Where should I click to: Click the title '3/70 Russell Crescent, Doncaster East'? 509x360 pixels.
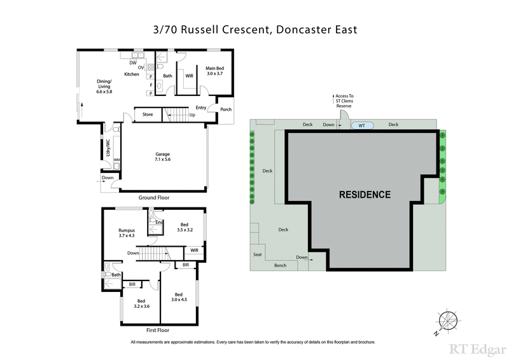pos(254,30)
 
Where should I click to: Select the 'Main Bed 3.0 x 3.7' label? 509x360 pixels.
pos(214,71)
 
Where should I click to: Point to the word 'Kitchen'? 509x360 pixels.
pos(132,74)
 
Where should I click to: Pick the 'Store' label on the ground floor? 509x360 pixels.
pos(148,114)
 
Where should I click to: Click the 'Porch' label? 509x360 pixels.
pos(225,109)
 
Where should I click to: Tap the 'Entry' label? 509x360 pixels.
pos(201,107)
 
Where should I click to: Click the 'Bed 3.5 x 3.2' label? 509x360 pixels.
pos(185,227)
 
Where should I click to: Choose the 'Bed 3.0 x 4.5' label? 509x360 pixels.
pos(178,297)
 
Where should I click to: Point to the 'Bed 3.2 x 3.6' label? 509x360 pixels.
pos(141,303)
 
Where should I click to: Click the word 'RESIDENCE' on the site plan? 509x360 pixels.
pos(365,195)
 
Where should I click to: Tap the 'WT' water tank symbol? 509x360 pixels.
pos(361,125)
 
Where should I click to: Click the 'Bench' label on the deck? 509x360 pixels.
pos(280,265)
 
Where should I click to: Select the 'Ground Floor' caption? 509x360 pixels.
pos(155,198)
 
